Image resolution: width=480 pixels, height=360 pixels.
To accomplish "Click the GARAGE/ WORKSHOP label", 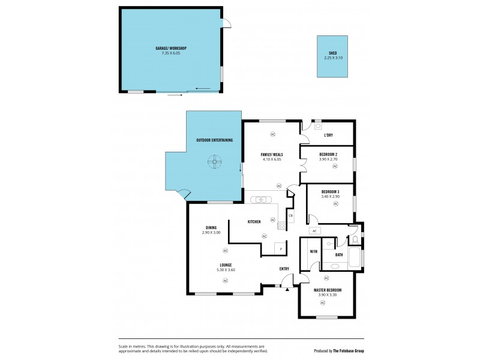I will click(170, 48).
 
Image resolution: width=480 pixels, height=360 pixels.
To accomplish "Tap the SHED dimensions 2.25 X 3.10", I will click(332, 58).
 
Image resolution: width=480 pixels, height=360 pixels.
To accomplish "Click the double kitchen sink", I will click(262, 200).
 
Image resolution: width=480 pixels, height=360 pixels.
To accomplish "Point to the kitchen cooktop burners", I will click(281, 226).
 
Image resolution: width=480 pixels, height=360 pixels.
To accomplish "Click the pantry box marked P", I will click(280, 248).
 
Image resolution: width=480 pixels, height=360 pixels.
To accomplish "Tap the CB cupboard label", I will click(290, 215).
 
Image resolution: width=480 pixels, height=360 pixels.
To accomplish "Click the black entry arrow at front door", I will click(287, 290).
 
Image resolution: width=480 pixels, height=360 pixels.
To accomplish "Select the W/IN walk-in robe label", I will click(313, 252).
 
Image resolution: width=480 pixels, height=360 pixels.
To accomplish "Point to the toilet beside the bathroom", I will click(355, 240).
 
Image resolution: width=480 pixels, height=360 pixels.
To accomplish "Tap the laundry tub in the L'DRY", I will click(317, 127).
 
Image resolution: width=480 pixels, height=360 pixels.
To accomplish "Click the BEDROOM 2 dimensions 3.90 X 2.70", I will click(328, 159).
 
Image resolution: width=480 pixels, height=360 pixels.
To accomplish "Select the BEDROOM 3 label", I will click(331, 192).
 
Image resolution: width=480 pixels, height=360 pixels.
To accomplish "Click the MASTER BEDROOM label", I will click(328, 290).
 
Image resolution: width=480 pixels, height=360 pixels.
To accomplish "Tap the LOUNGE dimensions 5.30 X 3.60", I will click(226, 269).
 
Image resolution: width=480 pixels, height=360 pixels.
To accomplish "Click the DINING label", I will click(211, 227).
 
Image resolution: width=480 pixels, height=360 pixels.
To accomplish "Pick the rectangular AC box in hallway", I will click(314, 231).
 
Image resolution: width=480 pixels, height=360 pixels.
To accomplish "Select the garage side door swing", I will click(226, 23).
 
